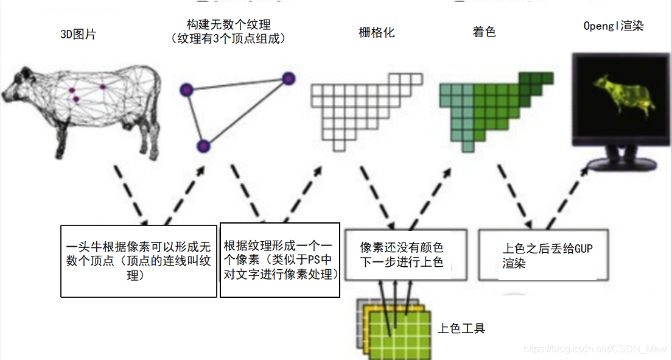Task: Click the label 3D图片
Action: (x=78, y=34)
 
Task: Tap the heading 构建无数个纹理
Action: (x=228, y=24)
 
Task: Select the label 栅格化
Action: (x=377, y=32)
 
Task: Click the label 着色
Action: (x=484, y=32)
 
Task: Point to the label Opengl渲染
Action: (x=614, y=26)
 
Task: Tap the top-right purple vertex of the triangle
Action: (x=288, y=78)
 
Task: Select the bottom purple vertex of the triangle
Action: (x=203, y=146)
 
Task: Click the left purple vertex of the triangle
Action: (x=186, y=90)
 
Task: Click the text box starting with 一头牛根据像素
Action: (x=139, y=261)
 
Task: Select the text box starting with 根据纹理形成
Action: (x=280, y=260)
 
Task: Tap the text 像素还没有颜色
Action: (x=402, y=247)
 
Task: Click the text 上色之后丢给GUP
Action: (x=547, y=249)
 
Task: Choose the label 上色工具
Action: (x=461, y=328)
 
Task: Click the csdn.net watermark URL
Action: (x=595, y=349)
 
